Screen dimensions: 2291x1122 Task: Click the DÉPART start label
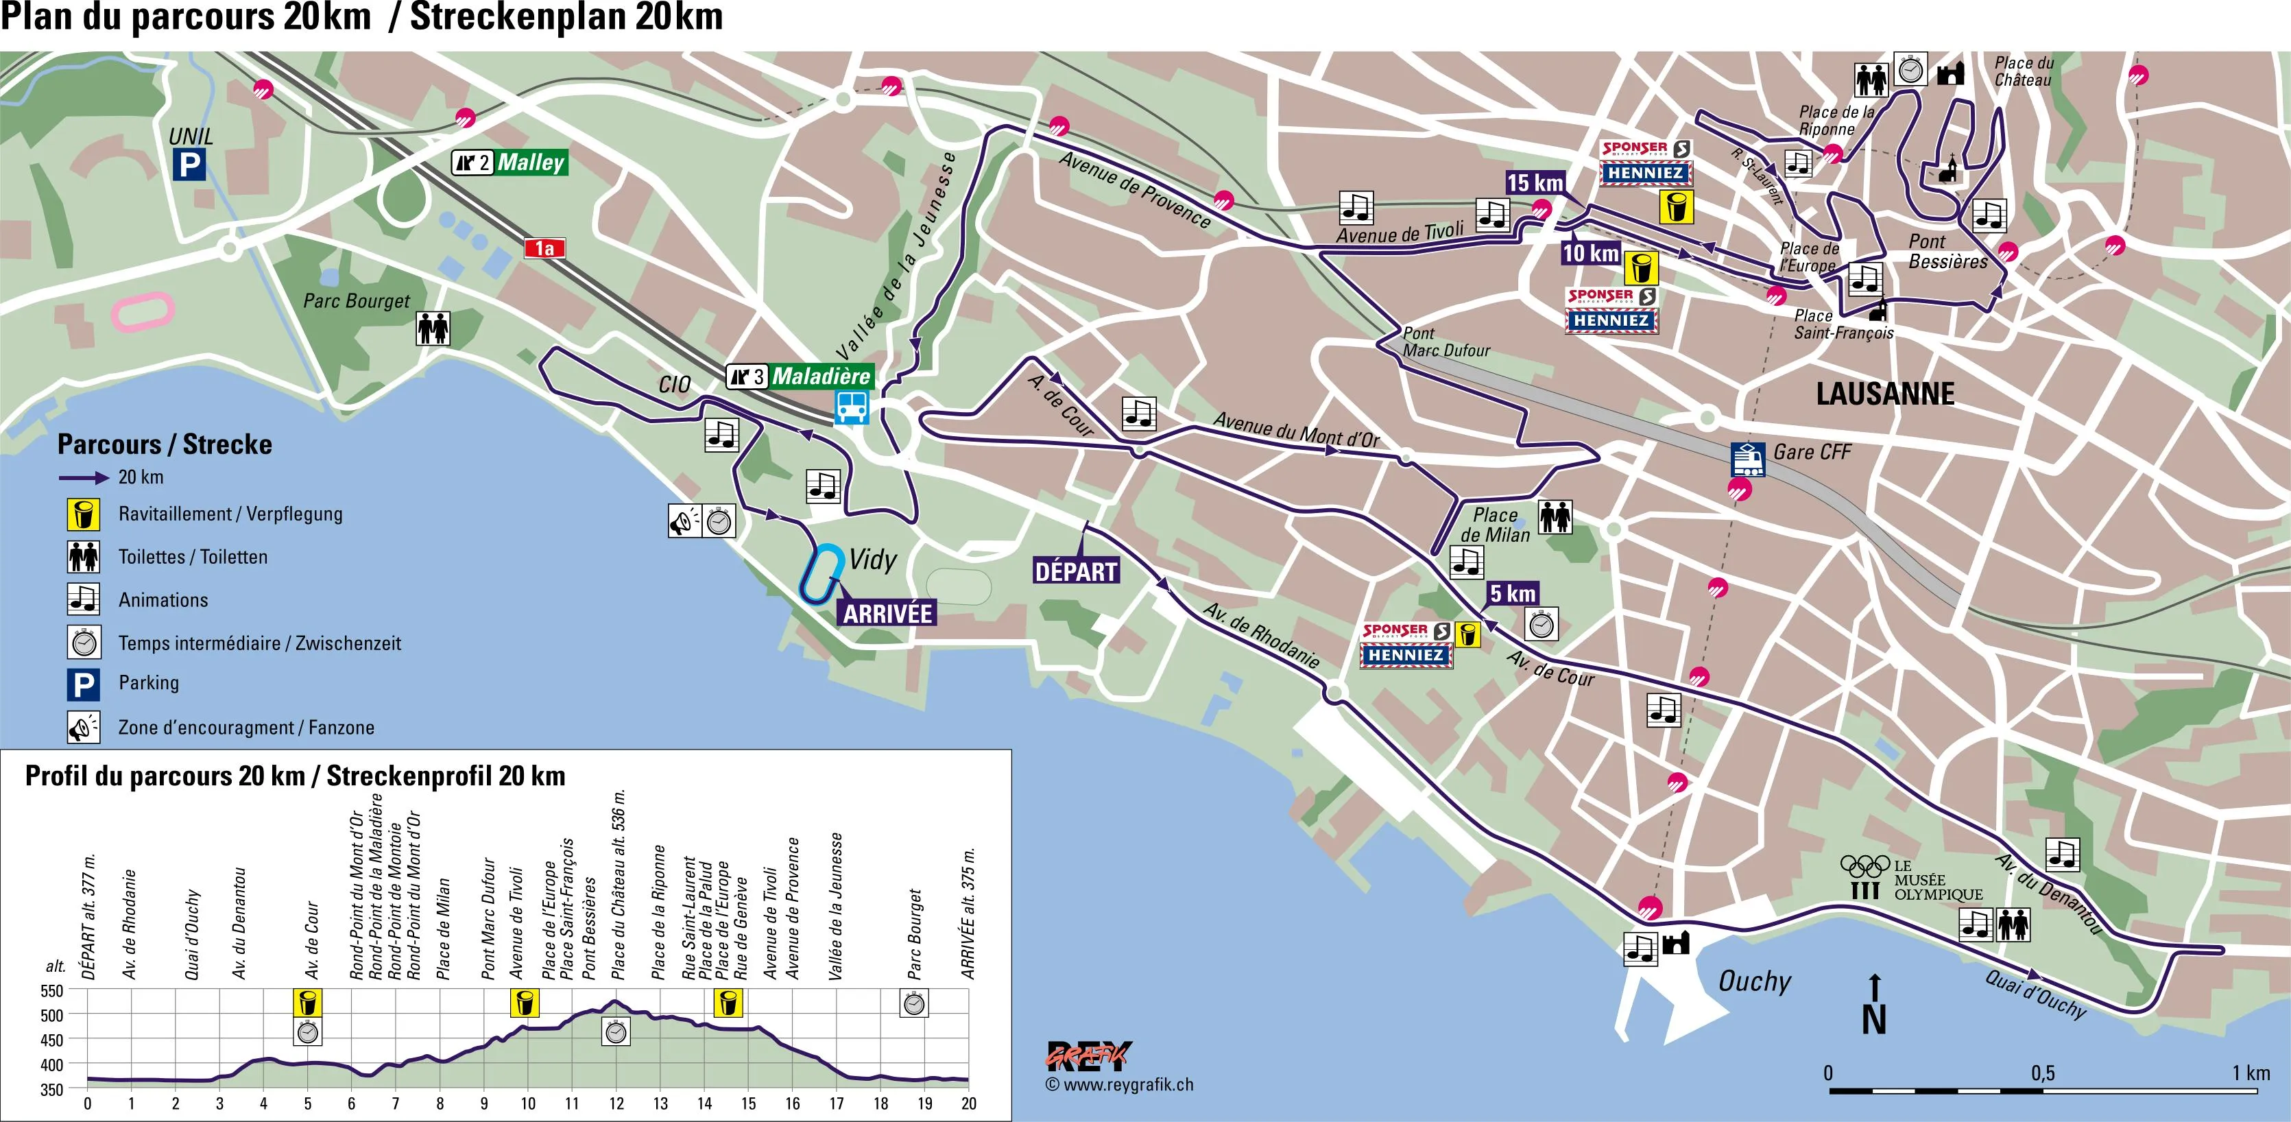coord(1075,571)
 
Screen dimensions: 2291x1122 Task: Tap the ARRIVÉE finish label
coord(887,614)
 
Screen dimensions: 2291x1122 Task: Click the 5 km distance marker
coord(1513,593)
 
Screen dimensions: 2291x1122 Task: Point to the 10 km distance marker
coord(1590,254)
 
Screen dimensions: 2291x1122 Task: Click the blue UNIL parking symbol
coord(189,165)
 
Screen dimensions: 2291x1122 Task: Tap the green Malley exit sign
coord(530,162)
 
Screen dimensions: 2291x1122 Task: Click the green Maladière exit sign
coord(820,377)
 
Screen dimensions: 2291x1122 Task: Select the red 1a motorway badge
coord(544,248)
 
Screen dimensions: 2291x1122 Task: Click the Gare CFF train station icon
coord(1748,458)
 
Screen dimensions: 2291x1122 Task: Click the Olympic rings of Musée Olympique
coord(1864,865)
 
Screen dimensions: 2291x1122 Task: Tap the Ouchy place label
coord(1754,981)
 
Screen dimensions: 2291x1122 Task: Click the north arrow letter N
coord(1874,1019)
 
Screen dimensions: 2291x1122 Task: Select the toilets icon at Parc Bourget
coord(433,329)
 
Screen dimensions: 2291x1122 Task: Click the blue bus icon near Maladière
coord(852,408)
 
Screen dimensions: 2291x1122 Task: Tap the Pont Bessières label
coord(1947,251)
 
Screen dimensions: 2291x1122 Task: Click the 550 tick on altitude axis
coord(53,991)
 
